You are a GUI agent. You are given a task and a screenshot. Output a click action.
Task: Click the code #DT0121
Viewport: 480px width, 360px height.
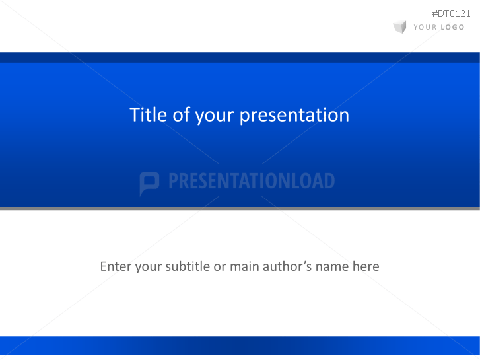point(451,13)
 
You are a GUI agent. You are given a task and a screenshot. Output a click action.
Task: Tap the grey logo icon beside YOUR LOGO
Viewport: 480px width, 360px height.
point(399,27)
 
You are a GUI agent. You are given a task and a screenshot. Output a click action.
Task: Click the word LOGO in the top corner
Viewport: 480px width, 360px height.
point(452,28)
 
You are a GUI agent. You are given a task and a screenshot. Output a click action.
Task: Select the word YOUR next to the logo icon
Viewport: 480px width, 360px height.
point(425,28)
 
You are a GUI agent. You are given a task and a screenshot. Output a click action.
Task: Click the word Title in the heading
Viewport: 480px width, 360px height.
point(149,115)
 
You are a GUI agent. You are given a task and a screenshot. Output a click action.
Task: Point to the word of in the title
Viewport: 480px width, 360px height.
point(181,115)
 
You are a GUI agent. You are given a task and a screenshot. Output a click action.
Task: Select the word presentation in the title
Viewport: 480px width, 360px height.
point(294,116)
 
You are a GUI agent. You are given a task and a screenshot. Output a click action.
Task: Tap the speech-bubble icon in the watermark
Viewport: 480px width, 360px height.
point(149,183)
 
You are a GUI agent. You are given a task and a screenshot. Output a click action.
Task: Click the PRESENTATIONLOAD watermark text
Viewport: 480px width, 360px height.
point(252,181)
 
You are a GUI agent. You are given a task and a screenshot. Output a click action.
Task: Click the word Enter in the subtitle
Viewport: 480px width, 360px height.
point(116,266)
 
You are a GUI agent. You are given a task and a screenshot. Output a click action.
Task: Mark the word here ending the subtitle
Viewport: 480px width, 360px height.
point(366,266)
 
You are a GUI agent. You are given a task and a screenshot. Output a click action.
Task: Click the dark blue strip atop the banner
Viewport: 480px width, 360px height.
point(240,57)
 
